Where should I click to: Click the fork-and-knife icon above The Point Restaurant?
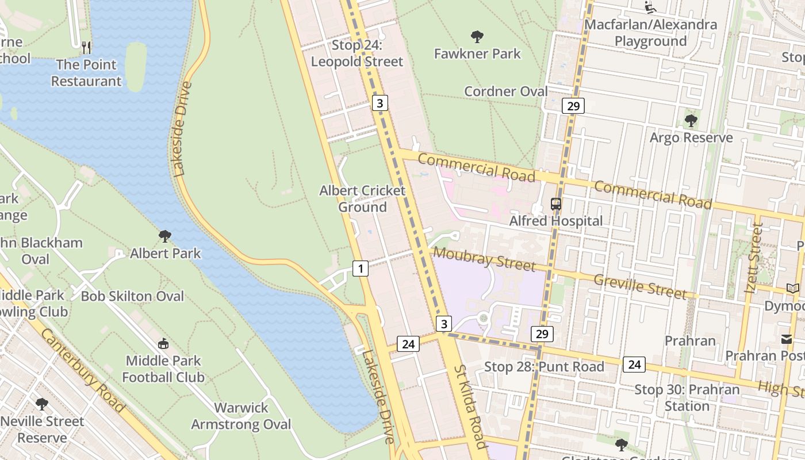86,47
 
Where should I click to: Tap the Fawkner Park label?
477,53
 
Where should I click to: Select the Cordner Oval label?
506,91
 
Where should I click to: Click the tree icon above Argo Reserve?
691,121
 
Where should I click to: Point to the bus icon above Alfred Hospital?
556,204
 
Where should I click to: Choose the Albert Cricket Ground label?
362,198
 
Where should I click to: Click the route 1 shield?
360,268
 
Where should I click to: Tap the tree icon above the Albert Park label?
165,236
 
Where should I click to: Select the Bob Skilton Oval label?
132,296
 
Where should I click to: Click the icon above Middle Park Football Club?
163,344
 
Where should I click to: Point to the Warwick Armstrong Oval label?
241,416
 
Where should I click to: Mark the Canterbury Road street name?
83,371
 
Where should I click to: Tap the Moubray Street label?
484,259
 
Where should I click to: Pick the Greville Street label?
640,286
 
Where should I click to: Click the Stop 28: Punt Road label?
544,367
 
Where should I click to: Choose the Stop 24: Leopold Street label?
356,53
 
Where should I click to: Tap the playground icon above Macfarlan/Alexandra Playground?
650,7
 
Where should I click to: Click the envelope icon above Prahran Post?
786,339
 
